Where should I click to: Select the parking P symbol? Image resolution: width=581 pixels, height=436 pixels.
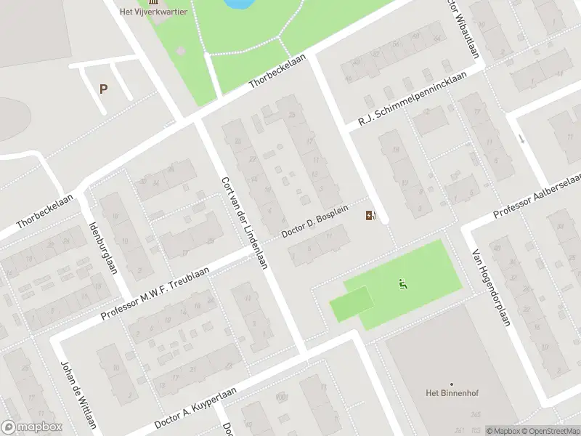coord(104,89)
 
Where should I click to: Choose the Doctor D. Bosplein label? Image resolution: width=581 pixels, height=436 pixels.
coord(320,221)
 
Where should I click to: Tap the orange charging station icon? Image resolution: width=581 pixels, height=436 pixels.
coord(370,215)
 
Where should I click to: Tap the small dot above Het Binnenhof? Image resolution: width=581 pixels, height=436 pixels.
coord(452,384)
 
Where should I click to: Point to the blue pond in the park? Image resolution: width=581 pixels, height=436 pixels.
coord(240,4)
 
